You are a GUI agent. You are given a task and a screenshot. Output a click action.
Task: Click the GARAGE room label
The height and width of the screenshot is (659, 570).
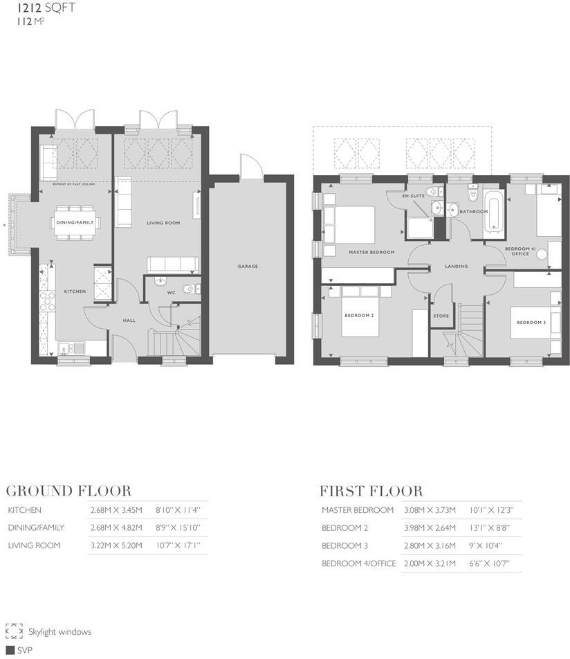pos(248,266)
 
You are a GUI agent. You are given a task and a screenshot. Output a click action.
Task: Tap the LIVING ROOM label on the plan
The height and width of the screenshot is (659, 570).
pos(163,223)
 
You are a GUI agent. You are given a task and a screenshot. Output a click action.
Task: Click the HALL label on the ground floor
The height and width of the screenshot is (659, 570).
pos(128,321)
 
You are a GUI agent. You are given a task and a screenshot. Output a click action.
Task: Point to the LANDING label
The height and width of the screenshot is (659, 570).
pos(457,266)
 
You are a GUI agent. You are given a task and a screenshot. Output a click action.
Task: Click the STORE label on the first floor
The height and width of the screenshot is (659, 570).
pos(441,316)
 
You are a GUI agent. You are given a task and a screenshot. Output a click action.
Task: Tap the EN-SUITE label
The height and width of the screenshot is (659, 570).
pos(414,196)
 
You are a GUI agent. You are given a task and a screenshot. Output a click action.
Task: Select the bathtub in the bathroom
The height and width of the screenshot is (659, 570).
pos(493,210)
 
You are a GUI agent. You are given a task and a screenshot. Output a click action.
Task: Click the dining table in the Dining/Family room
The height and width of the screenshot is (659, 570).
pos(75,222)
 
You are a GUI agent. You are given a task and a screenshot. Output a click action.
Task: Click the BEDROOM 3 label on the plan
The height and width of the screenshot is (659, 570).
pos(531,323)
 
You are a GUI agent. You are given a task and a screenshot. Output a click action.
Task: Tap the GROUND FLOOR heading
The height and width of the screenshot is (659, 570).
pos(68,491)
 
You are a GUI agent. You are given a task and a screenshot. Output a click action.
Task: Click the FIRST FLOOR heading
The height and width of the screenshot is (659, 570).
pos(371,491)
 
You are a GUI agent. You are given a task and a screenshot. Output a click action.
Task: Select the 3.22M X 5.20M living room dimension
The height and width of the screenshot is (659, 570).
pos(116,545)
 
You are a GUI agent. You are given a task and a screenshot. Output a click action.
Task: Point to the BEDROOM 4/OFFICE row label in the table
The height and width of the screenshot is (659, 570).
pos(358,563)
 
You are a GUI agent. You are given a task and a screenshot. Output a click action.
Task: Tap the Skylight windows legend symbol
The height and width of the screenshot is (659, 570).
pos(14,631)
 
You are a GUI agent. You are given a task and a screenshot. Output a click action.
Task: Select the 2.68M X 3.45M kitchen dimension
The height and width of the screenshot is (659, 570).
pos(116,510)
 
